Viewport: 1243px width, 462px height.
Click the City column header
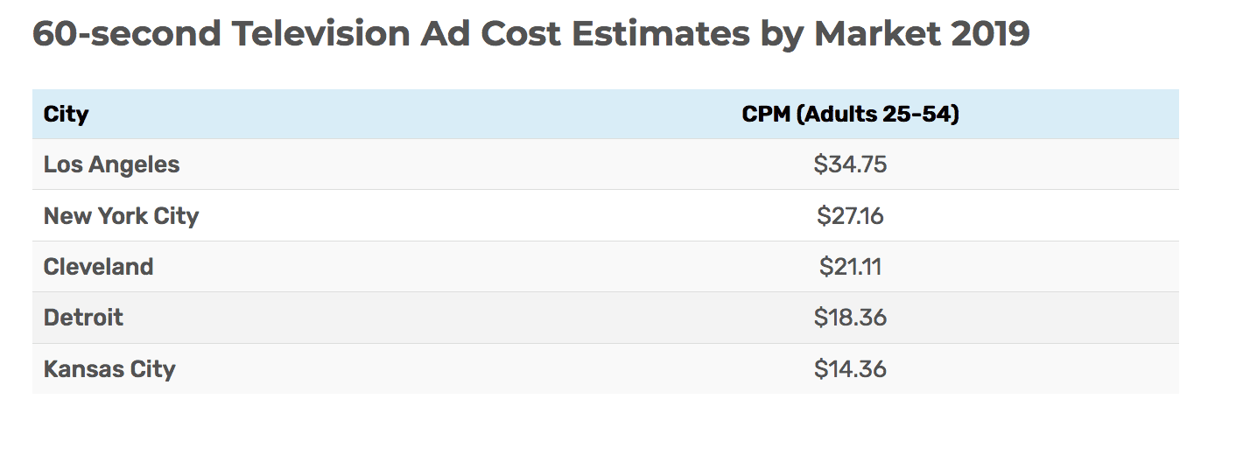tap(66, 114)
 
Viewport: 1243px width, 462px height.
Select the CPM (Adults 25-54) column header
tap(850, 114)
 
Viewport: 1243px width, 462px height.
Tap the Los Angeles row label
tap(111, 164)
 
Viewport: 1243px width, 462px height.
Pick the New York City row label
tap(121, 215)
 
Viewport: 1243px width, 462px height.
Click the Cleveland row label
tap(98, 267)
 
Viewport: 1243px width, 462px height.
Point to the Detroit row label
tap(83, 318)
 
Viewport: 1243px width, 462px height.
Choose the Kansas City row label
tap(109, 369)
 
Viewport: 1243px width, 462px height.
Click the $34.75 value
tap(850, 164)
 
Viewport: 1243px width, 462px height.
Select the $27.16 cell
tap(850, 215)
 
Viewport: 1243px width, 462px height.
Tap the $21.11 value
tap(850, 267)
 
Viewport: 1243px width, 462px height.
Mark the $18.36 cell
tap(850, 318)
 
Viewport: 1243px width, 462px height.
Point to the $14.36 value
tap(850, 369)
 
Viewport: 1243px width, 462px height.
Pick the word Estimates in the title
tap(660, 35)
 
